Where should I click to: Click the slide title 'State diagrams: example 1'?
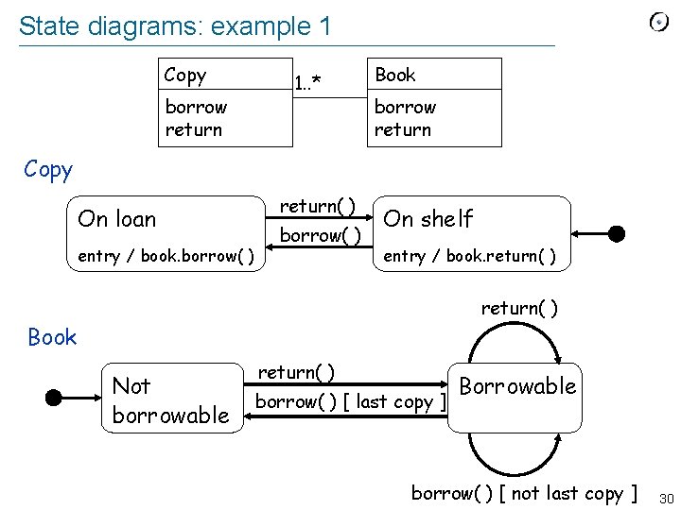coord(175,26)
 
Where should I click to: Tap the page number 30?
coord(665,498)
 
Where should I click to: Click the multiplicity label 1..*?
coord(307,83)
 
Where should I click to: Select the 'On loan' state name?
coord(117,219)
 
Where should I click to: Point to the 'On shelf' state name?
coord(428,219)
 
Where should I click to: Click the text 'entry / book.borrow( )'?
coord(166,256)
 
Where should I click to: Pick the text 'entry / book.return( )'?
coord(467,256)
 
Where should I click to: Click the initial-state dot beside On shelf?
coord(616,232)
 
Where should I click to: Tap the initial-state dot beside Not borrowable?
coord(54,398)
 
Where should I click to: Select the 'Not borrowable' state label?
coord(170,399)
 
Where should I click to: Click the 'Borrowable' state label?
coord(517,385)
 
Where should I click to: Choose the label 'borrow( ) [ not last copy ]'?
coord(524,493)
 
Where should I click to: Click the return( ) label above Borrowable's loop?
coord(519,308)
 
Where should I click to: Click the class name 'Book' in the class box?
coord(394,75)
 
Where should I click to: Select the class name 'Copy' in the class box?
coord(184,75)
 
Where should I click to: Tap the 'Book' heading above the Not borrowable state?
coord(52,337)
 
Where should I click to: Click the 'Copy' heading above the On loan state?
coord(48,170)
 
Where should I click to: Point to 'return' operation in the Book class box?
coord(402,129)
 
